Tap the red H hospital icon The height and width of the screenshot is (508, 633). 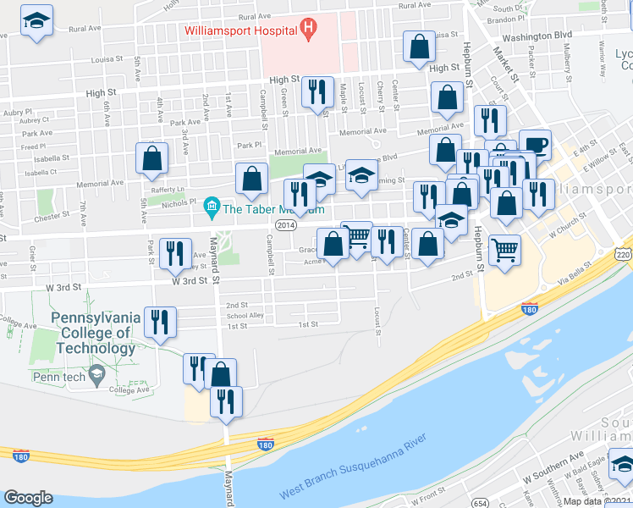[x=308, y=30]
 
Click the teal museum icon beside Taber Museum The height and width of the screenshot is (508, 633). [x=211, y=206]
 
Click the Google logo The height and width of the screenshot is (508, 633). [x=28, y=497]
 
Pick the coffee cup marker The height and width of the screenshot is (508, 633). [x=534, y=144]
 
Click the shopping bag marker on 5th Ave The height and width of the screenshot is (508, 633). [x=151, y=157]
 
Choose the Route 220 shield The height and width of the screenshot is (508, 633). [x=624, y=254]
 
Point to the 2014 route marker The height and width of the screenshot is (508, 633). [x=285, y=224]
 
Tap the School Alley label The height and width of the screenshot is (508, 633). [x=245, y=315]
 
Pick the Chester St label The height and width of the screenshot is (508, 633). [x=52, y=216]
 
